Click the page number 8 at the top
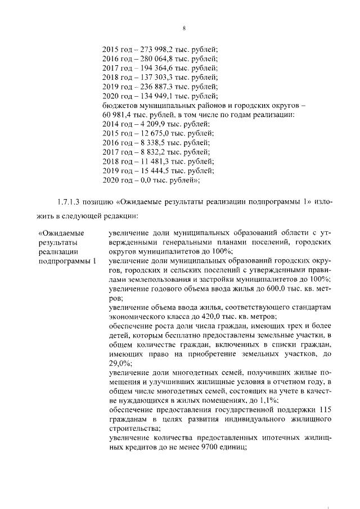(x=184, y=29)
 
